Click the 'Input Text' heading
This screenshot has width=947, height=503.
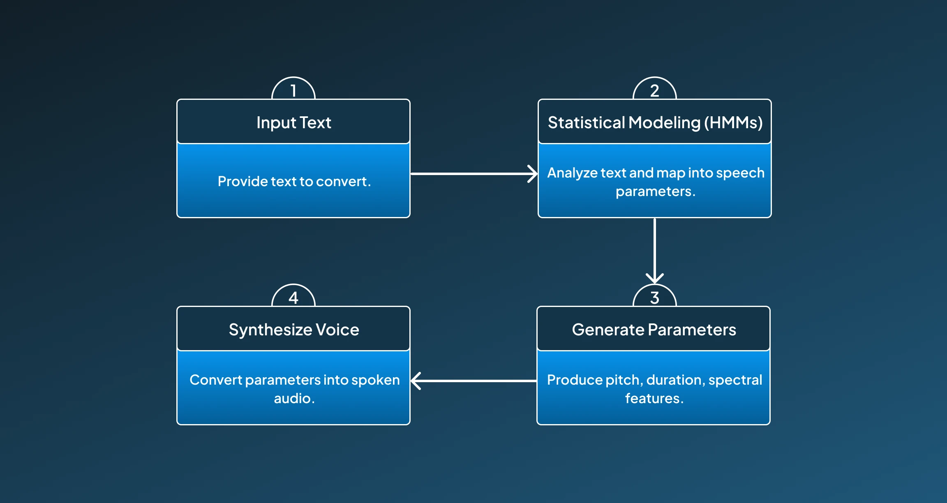pos(293,122)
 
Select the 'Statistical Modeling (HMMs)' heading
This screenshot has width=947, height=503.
pos(655,122)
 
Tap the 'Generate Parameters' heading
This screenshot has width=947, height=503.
pos(654,330)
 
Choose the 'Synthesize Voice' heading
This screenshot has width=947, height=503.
pos(294,330)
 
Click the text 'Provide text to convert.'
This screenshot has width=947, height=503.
pos(294,181)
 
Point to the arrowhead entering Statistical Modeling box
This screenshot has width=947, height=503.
pos(533,174)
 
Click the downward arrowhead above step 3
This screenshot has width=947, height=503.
pos(655,279)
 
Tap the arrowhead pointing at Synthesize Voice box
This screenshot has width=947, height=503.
pos(416,381)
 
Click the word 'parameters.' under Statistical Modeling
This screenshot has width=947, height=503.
pos(656,192)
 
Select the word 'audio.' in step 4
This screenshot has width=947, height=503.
pos(294,398)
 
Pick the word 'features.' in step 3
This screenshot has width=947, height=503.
pos(654,398)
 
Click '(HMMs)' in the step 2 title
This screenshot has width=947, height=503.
pos(734,122)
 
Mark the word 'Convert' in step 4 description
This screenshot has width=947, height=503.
pos(216,380)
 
